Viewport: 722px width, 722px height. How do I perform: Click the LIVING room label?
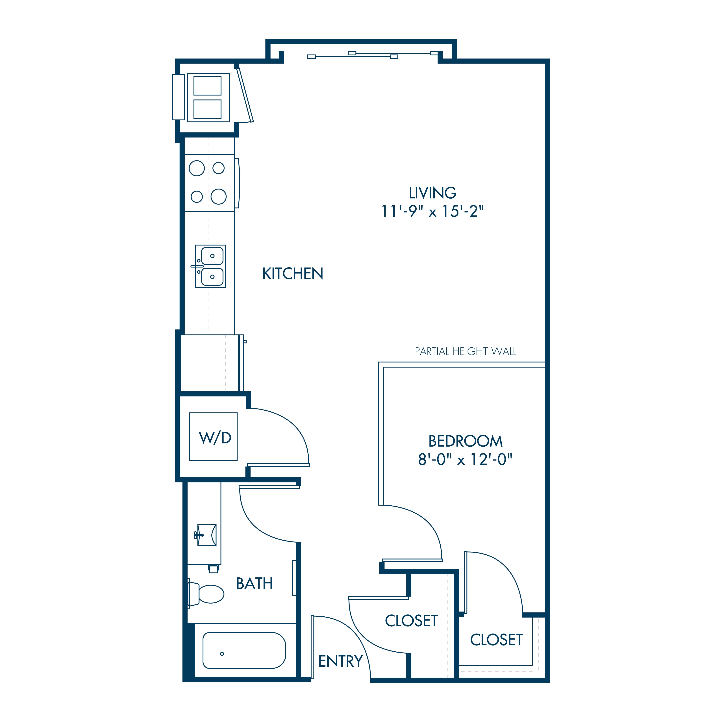(432, 193)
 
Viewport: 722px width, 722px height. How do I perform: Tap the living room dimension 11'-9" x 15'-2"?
(432, 212)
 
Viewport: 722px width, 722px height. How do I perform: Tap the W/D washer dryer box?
(213, 436)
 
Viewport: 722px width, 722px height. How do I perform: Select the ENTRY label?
(340, 661)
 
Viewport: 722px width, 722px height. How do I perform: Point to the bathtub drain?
(222, 654)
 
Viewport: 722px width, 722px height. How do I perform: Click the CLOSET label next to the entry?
(411, 621)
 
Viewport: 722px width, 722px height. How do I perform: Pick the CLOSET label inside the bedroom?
(496, 640)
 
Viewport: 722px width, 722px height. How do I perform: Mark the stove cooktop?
(209, 183)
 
